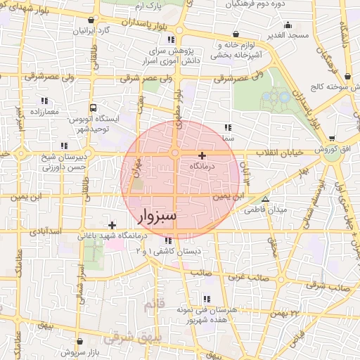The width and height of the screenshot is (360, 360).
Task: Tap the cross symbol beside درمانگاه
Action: click(x=202, y=155)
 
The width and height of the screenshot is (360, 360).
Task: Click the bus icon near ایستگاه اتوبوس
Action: click(x=92, y=108)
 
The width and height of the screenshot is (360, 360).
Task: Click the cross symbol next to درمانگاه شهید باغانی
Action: click(x=112, y=224)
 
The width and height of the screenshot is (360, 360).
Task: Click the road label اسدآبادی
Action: click(x=65, y=230)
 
